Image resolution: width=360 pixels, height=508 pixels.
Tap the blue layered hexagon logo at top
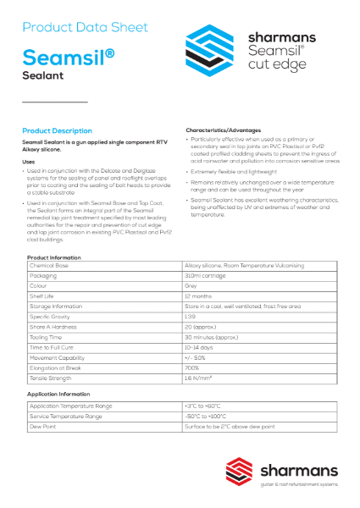211,50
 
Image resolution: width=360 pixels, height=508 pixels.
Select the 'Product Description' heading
57,131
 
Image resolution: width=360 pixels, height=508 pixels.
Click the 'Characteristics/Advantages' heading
224,130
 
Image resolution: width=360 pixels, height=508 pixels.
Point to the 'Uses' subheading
28,161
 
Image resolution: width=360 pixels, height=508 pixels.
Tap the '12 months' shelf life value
198,295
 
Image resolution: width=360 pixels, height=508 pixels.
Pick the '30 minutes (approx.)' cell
212,336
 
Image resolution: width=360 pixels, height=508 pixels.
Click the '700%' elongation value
192,367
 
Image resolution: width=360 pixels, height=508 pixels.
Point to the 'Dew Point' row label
43,427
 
